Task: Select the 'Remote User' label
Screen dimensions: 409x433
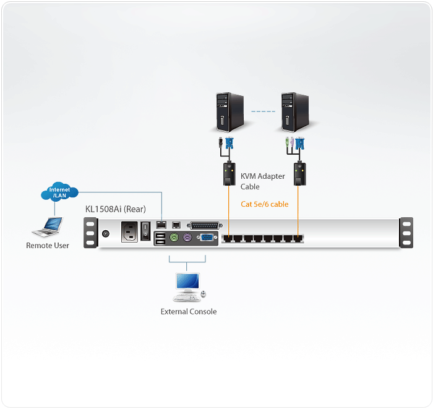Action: (x=48, y=246)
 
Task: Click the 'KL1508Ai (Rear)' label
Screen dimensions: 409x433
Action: (x=116, y=209)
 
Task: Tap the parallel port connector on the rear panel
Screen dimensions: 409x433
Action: (x=204, y=225)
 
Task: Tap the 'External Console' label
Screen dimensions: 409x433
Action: (x=189, y=312)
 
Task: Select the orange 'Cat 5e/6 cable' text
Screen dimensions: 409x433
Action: (x=265, y=204)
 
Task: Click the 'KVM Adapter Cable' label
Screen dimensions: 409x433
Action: (x=262, y=181)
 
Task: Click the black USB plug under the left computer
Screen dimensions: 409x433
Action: (x=220, y=144)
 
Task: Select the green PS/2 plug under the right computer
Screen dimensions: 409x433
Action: (x=287, y=144)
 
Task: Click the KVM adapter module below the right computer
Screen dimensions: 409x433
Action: (x=300, y=174)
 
